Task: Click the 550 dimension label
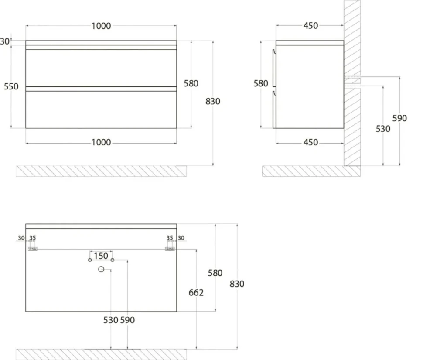click(x=11, y=87)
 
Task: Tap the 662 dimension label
click(x=196, y=292)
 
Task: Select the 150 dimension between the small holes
click(x=101, y=256)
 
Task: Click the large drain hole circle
click(x=101, y=269)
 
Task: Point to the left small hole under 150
click(x=90, y=260)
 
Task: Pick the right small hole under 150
click(x=113, y=260)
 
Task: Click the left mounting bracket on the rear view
click(x=33, y=249)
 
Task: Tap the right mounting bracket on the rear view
click(x=170, y=249)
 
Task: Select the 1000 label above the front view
click(x=101, y=26)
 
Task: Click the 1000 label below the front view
click(x=101, y=143)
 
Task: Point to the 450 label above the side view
click(x=311, y=26)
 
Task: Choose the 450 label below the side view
click(x=311, y=143)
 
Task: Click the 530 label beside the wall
click(x=383, y=129)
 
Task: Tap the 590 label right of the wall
click(x=399, y=118)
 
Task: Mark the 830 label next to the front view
click(x=213, y=102)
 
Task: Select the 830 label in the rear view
click(x=237, y=284)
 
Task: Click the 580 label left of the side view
click(x=261, y=83)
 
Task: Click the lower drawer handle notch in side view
click(x=274, y=93)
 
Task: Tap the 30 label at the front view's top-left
click(x=5, y=41)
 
